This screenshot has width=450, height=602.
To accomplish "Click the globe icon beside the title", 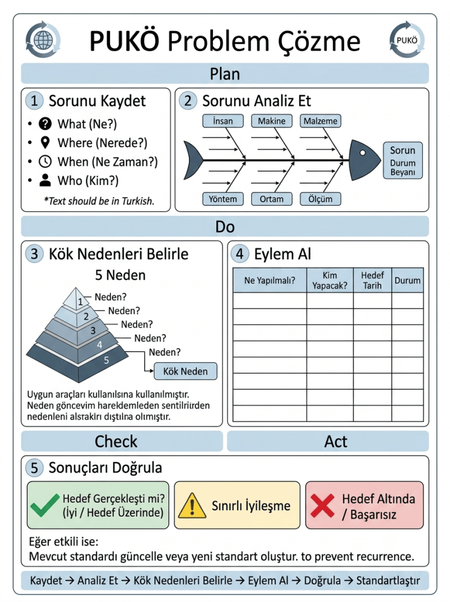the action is pyautogui.click(x=43, y=40).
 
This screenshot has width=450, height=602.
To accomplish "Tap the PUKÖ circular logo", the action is pyautogui.click(x=407, y=40).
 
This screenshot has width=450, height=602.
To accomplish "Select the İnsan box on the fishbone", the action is pyautogui.click(x=223, y=121).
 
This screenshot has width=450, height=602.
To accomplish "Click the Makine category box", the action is pyautogui.click(x=272, y=121).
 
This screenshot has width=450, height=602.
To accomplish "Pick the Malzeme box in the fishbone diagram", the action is pyautogui.click(x=321, y=121).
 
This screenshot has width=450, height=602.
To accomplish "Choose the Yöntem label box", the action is pyautogui.click(x=223, y=199).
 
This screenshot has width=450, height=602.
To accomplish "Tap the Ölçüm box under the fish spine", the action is pyautogui.click(x=321, y=199).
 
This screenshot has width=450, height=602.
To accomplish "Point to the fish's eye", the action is pyautogui.click(x=362, y=153).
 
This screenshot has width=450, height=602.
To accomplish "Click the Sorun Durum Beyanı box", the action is pyautogui.click(x=403, y=160).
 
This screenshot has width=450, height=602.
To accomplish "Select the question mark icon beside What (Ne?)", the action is pyautogui.click(x=45, y=123).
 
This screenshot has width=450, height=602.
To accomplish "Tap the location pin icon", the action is pyautogui.click(x=45, y=142).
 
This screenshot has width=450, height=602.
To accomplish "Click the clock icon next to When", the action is pyautogui.click(x=45, y=162).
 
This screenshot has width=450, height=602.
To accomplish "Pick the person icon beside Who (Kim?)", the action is pyautogui.click(x=45, y=180).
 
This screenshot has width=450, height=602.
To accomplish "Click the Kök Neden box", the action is pyautogui.click(x=185, y=372).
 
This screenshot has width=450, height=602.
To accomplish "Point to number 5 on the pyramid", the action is pyautogui.click(x=106, y=360).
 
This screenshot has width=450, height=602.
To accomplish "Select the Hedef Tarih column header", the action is pyautogui.click(x=372, y=280).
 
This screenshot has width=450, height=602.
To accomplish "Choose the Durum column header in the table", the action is pyautogui.click(x=407, y=280).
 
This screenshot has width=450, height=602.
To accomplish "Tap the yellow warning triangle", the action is pyautogui.click(x=192, y=505).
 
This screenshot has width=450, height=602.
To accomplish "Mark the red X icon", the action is pyautogui.click(x=322, y=505).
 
